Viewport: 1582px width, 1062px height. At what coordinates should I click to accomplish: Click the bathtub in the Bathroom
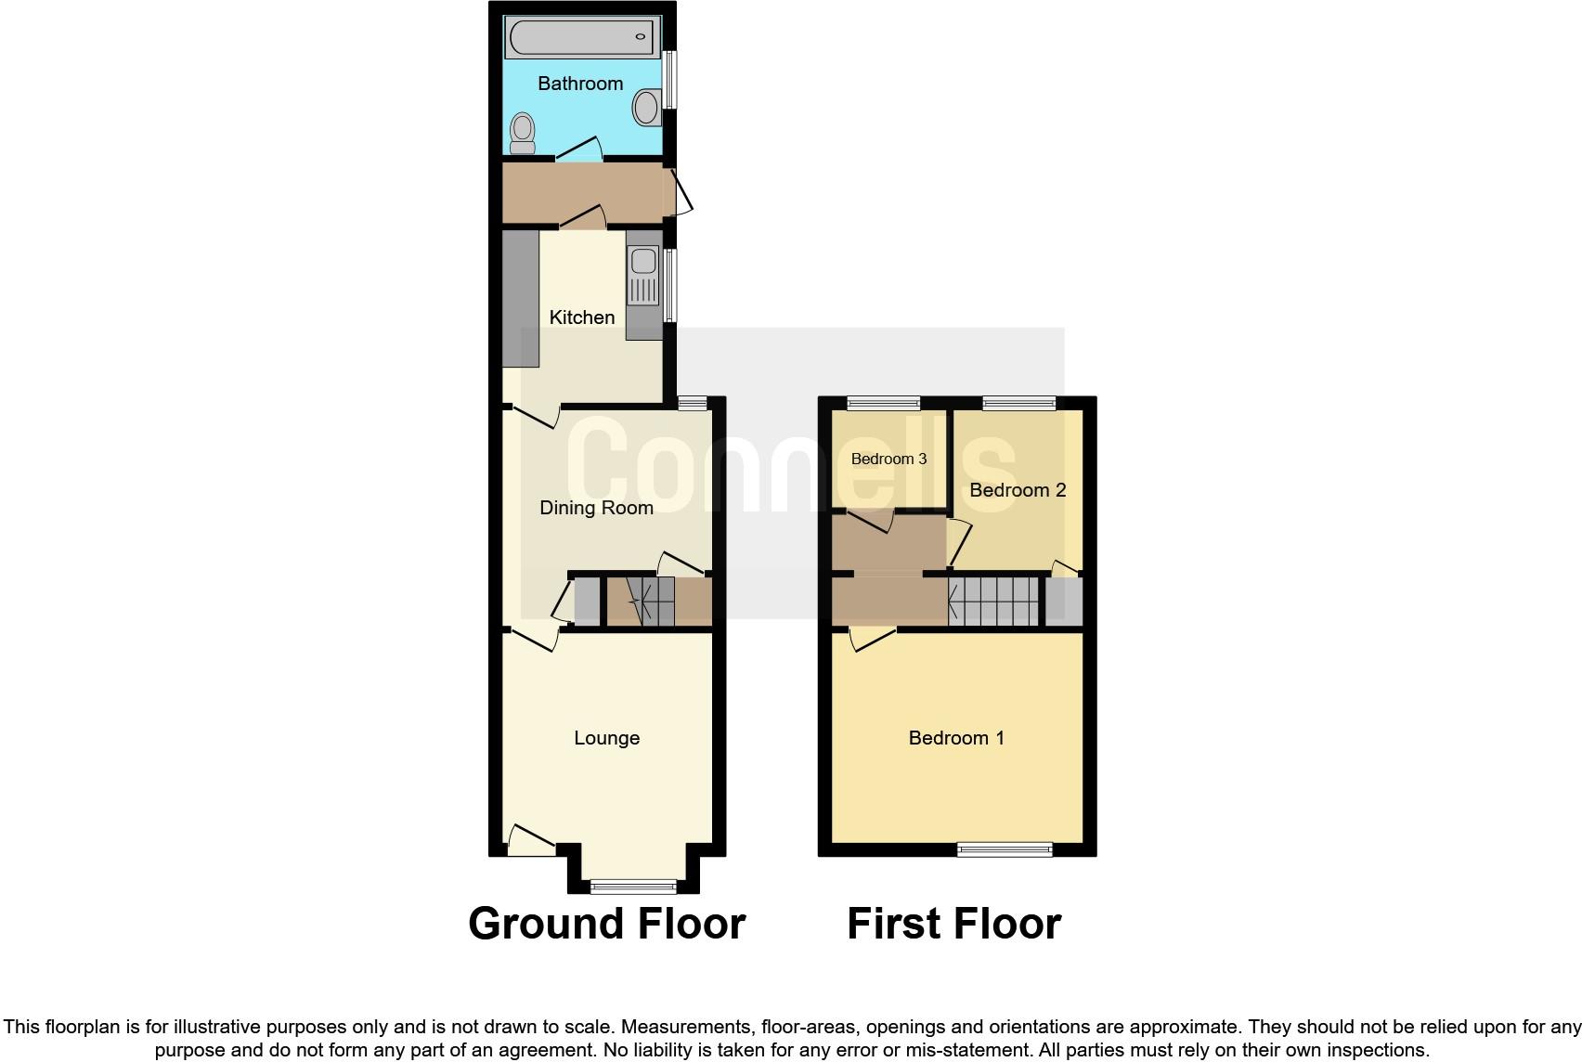coord(581,38)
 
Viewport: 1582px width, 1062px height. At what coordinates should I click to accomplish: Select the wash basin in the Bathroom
coord(647,108)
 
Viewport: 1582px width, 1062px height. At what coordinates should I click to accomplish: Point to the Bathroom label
coord(580,84)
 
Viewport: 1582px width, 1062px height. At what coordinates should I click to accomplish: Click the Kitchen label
coord(582,317)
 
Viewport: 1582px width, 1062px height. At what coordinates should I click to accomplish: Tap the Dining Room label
coord(596,508)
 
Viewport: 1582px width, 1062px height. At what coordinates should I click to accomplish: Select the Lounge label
coord(606,738)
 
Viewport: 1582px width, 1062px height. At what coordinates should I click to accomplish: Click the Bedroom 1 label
coord(956,738)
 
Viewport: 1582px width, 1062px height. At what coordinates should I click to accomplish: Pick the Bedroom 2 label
coord(1018,490)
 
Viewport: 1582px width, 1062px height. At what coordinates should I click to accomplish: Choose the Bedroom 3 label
coord(888,459)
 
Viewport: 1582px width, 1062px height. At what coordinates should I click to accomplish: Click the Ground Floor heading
coord(606,924)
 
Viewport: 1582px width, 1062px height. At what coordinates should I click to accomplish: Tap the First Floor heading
coord(953,924)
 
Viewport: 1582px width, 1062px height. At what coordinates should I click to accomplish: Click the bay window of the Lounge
coord(634,886)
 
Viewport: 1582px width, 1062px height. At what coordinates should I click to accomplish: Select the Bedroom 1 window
coord(1005,848)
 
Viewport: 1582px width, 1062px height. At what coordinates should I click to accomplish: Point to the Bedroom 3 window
coord(883,403)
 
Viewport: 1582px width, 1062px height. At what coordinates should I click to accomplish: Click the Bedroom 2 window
coord(1018,403)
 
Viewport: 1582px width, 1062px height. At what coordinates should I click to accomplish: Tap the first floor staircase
coord(993,602)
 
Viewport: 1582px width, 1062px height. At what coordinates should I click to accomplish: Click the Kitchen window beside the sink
coord(669,285)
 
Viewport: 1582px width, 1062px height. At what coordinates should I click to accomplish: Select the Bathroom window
coord(669,79)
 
